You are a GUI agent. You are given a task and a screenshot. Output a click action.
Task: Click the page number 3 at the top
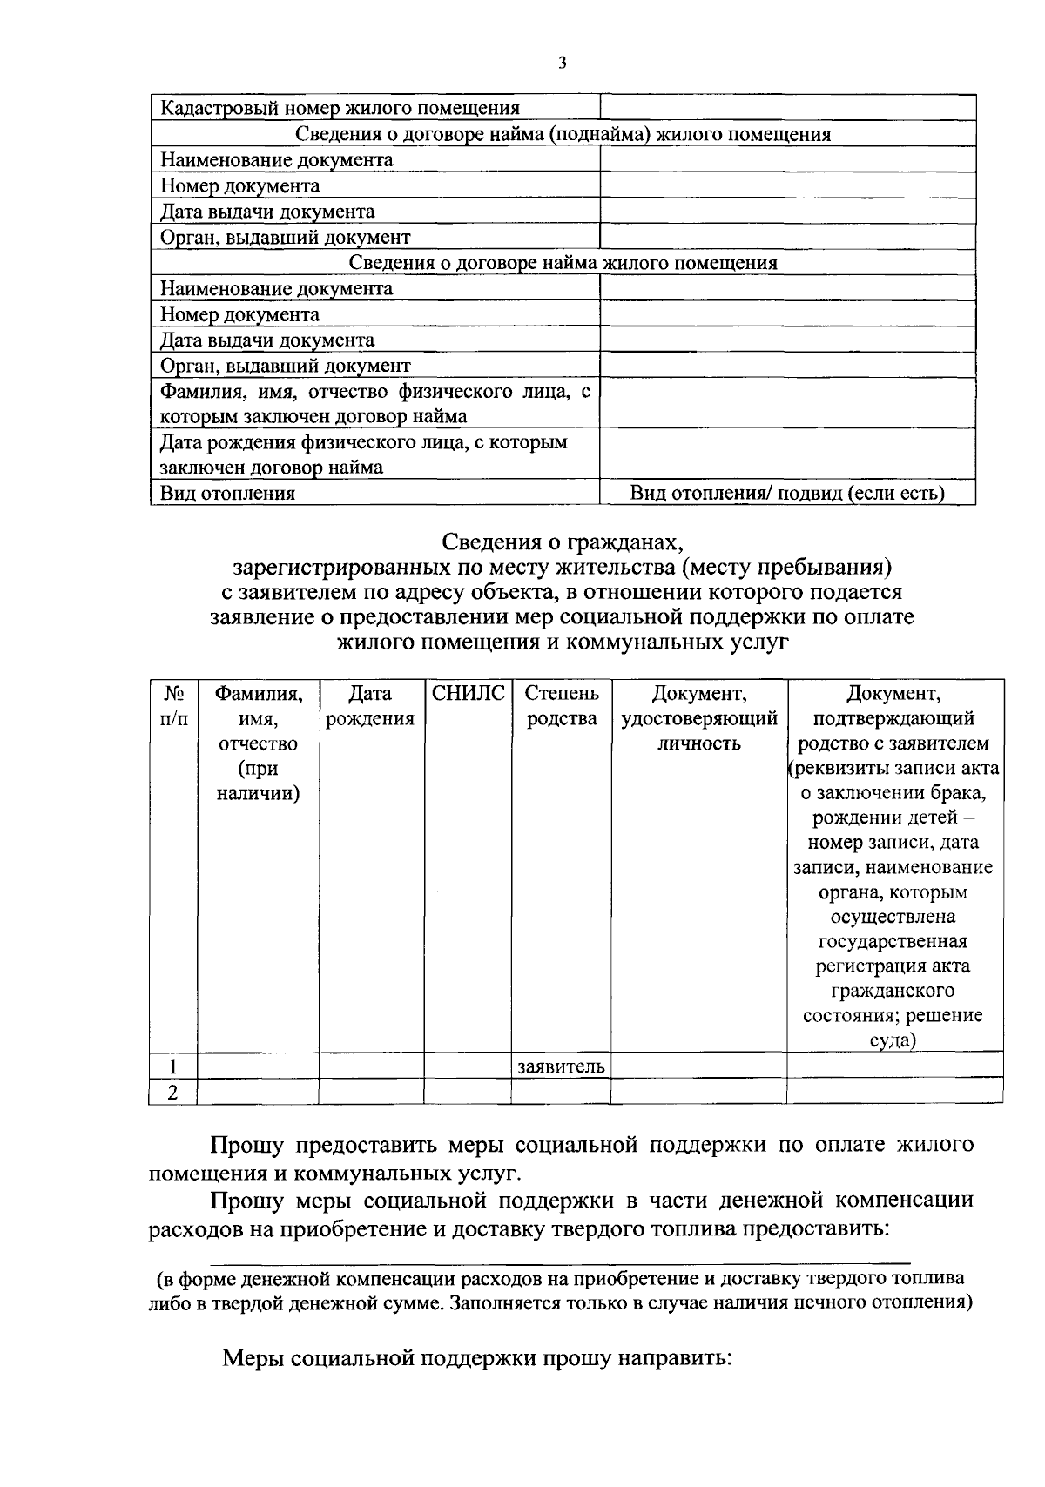point(563,63)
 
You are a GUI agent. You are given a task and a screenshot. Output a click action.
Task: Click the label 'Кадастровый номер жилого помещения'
point(340,108)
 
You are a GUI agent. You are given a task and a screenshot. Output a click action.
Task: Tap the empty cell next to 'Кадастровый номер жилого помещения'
point(787,108)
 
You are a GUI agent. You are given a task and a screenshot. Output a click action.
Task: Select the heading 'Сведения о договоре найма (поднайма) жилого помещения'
point(563,134)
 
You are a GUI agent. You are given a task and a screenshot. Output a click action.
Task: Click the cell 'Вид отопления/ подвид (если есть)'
point(787,494)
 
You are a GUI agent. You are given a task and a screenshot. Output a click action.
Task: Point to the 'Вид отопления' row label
point(227,494)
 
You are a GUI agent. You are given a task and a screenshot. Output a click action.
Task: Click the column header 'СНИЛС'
point(469,694)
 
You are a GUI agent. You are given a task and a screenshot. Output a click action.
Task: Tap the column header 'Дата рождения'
point(370,706)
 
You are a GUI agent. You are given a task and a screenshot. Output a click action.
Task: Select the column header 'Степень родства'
point(562,706)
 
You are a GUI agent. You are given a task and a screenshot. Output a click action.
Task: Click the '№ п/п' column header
point(172,706)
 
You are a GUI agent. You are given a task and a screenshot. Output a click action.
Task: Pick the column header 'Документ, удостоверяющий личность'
point(698,718)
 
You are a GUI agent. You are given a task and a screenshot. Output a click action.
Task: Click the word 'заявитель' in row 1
point(561,1066)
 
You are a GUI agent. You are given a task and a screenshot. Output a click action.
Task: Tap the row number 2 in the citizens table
point(172,1092)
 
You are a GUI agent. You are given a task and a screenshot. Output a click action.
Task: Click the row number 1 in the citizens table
point(172,1066)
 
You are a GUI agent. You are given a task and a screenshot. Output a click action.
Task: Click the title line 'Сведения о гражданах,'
point(563,542)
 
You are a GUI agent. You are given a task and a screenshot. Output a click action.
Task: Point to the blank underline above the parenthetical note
point(562,1261)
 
